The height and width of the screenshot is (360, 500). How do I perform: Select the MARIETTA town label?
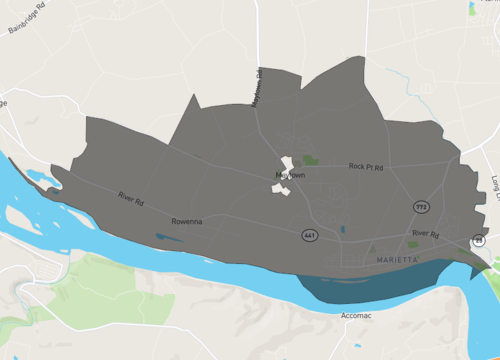[400, 259]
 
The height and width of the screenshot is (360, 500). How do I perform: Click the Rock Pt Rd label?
[366, 167]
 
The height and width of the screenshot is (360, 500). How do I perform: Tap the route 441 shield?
[311, 234]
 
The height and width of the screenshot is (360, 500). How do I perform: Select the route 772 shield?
[421, 205]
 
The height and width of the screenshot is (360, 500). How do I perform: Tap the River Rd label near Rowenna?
[131, 199]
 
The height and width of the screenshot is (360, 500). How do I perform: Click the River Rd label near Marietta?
[426, 233]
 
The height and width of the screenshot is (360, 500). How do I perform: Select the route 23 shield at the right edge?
[479, 240]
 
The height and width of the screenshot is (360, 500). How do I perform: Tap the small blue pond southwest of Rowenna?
[166, 238]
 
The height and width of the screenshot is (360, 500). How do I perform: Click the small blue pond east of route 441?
[342, 230]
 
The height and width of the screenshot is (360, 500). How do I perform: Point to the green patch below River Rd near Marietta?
[413, 244]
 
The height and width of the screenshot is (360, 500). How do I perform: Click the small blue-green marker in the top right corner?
[472, 9]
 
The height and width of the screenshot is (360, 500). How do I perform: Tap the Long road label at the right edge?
[494, 184]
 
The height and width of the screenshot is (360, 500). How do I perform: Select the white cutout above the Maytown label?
[286, 163]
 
